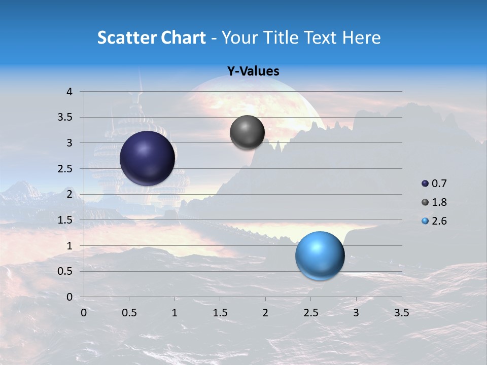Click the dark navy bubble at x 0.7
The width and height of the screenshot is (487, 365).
click(x=148, y=158)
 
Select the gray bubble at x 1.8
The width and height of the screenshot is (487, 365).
click(x=247, y=132)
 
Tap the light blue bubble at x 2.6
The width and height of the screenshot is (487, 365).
click(x=320, y=255)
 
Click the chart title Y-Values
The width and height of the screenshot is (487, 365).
click(x=253, y=71)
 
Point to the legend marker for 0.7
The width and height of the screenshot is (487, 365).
click(x=425, y=184)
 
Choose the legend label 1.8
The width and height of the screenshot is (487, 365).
click(x=439, y=202)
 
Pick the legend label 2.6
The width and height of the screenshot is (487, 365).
click(x=439, y=221)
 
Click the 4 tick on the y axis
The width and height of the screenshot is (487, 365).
click(x=69, y=92)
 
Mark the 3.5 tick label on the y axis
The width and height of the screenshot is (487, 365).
click(x=66, y=118)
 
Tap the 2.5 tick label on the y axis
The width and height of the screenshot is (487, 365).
click(x=66, y=169)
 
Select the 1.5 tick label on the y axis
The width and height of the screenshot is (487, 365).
click(x=66, y=220)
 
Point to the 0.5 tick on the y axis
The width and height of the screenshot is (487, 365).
click(x=66, y=271)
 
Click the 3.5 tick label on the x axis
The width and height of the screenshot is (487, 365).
click(x=401, y=313)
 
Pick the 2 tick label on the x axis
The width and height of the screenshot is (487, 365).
click(x=265, y=313)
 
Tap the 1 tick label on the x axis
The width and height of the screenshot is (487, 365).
click(x=175, y=313)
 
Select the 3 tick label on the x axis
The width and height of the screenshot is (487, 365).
click(x=356, y=313)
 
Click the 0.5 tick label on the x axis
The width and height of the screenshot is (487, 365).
click(x=129, y=313)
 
